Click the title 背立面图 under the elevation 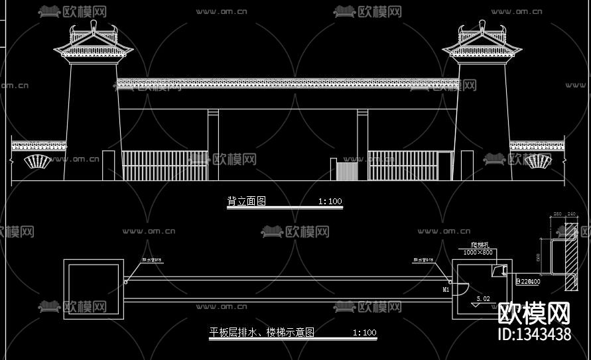point(246,201)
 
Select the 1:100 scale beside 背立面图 point(330,201)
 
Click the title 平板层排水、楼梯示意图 point(262,332)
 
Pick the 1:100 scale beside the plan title point(364,332)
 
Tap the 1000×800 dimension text point(478,252)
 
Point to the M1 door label point(446,290)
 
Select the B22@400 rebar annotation point(528,281)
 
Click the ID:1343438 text point(534,333)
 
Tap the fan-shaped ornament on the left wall point(37,161)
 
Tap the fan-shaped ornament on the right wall point(537,161)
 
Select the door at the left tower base point(109,165)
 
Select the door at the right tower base point(467,165)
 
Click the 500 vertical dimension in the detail point(539,256)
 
